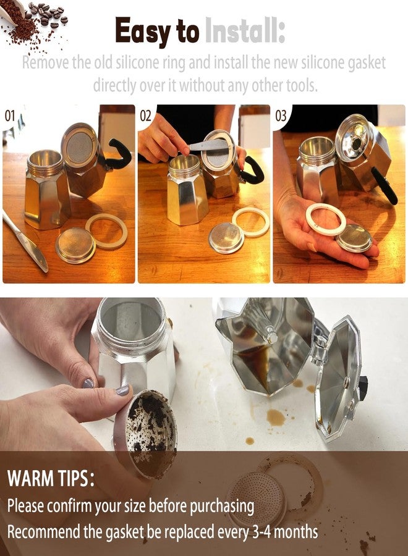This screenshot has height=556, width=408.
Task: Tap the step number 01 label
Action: [x=9, y=116]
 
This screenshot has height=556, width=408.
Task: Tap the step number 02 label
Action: [x=145, y=116]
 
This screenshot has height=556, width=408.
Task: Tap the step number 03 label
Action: [x=281, y=116]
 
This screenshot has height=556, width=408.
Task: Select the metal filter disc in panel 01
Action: [x=75, y=245]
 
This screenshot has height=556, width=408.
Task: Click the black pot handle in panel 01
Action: [x=117, y=156]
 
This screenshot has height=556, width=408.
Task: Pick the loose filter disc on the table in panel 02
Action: [x=226, y=238]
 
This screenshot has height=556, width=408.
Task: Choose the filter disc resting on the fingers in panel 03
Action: [x=354, y=238]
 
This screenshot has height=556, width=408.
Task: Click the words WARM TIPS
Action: [x=51, y=478]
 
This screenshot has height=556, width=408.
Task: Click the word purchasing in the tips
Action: [x=222, y=507]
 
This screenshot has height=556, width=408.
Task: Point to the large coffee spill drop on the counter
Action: [x=276, y=417]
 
